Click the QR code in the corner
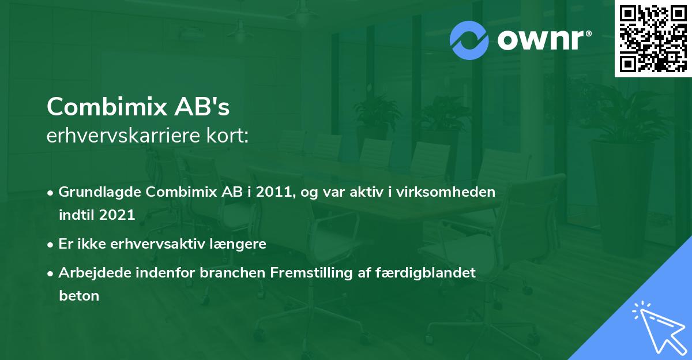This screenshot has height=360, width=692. [653, 39]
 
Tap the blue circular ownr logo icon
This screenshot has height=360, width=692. [469, 40]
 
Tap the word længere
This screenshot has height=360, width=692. [240, 244]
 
